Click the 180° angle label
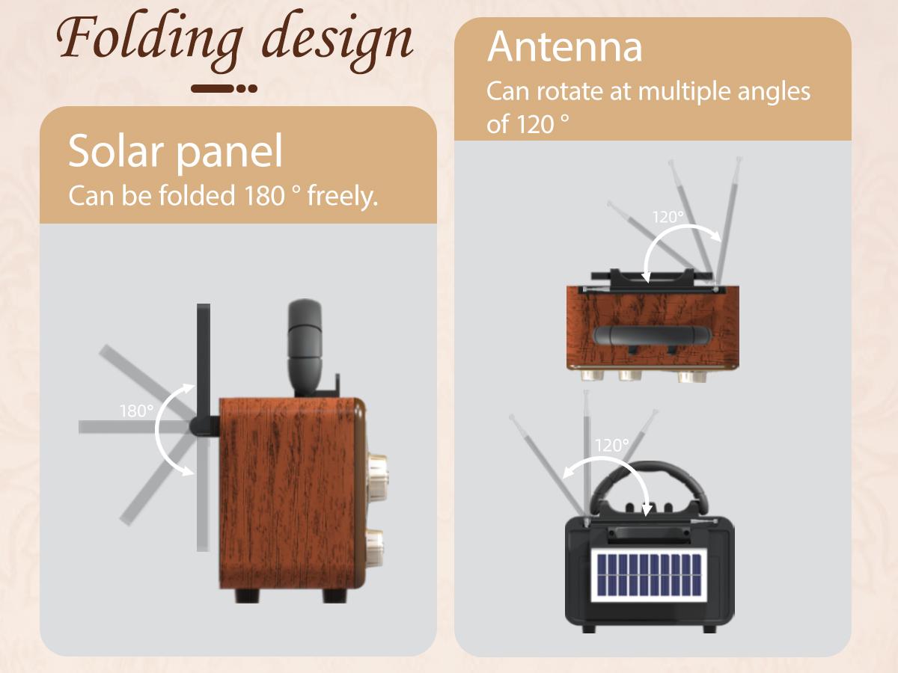click(136, 411)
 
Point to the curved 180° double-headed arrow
click(166, 428)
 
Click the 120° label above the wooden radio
click(668, 217)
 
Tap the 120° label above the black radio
click(612, 445)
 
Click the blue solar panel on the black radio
click(648, 576)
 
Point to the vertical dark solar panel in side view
click(203, 426)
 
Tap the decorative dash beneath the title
click(224, 88)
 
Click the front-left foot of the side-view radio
click(248, 594)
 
